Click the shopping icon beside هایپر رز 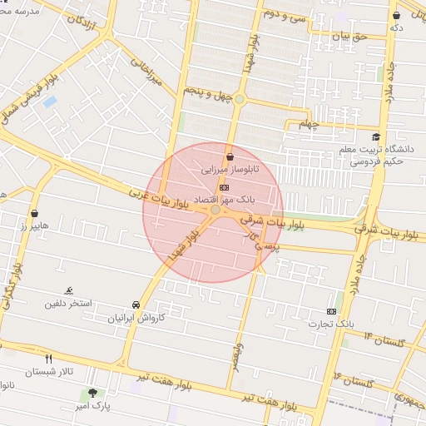(34, 213)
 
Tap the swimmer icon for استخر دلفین (69, 290)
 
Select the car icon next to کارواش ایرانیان (136, 305)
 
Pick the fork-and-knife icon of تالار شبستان (48, 359)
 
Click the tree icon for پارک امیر (92, 392)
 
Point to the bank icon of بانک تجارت (332, 311)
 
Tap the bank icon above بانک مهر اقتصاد (222, 188)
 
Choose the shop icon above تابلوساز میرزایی (230, 156)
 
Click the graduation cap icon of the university (376, 137)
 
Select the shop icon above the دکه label (397, 15)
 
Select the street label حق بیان (350, 36)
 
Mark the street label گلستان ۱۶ (353, 379)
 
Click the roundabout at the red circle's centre (215, 211)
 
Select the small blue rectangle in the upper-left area (49, 102)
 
